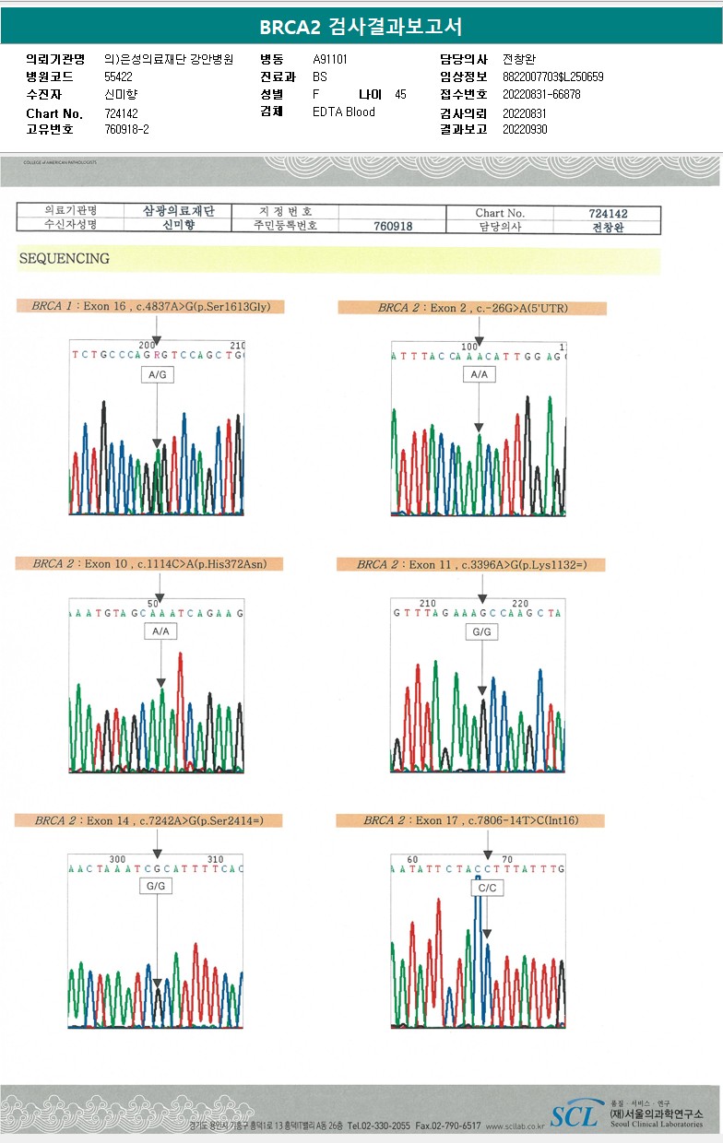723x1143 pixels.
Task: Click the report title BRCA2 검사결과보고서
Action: pyautogui.click(x=361, y=27)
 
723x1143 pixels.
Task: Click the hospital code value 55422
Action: pyautogui.click(x=119, y=77)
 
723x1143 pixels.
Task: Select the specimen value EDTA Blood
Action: pyautogui.click(x=344, y=112)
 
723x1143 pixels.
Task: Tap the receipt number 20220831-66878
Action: pyautogui.click(x=541, y=95)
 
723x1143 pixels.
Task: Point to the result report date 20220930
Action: pyautogui.click(x=525, y=130)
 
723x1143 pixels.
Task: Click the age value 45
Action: pyautogui.click(x=400, y=95)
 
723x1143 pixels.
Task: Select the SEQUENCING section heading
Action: pyautogui.click(x=65, y=259)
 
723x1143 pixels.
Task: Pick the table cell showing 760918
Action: pyautogui.click(x=393, y=227)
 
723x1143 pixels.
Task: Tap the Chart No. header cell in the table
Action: pyautogui.click(x=499, y=213)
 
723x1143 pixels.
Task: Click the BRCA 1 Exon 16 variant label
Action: pyautogui.click(x=151, y=307)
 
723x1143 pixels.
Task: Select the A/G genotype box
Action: pyautogui.click(x=157, y=375)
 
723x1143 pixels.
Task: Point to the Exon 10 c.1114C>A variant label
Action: pyautogui.click(x=149, y=564)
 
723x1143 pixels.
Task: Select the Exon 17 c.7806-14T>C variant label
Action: pyautogui.click(x=470, y=820)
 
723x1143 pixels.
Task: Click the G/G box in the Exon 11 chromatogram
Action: pyautogui.click(x=481, y=632)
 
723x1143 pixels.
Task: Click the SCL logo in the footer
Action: pyautogui.click(x=575, y=1116)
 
